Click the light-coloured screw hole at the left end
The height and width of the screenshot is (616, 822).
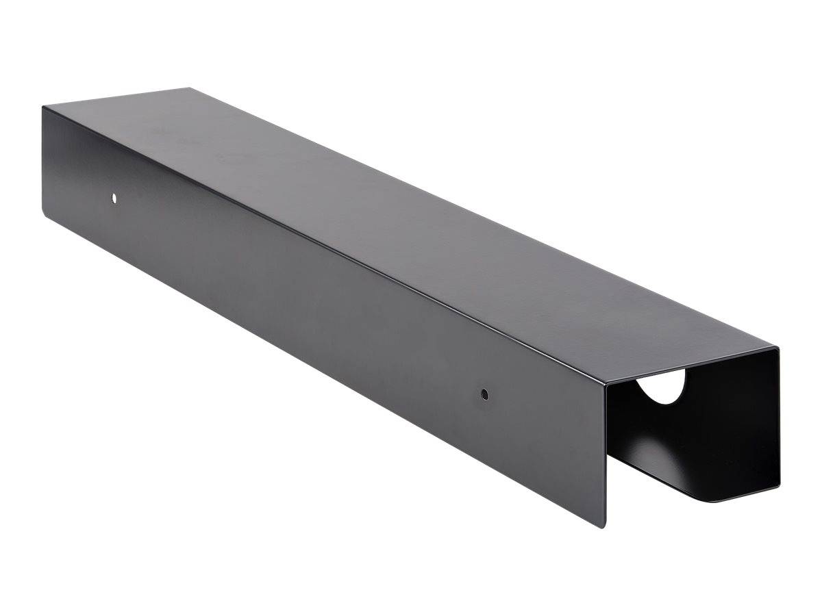tap(114, 198)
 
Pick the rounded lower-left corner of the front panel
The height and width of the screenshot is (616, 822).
tap(47, 206)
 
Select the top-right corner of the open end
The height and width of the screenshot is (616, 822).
tap(779, 348)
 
